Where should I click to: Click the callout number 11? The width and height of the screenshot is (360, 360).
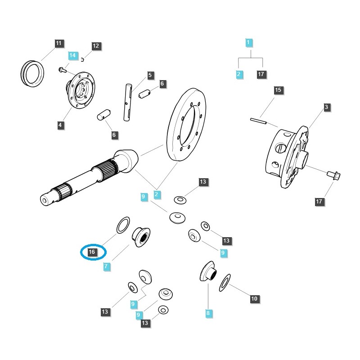pyautogui.click(x=58, y=44)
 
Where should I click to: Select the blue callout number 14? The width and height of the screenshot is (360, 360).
pyautogui.click(x=73, y=55)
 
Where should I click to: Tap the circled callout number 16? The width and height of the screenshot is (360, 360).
pyautogui.click(x=92, y=252)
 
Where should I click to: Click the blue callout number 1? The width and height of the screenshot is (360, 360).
pyautogui.click(x=248, y=43)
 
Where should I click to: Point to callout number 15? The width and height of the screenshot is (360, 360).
pyautogui.click(x=278, y=90)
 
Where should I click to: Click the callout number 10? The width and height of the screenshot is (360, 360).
pyautogui.click(x=254, y=298)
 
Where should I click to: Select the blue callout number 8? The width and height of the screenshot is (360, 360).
pyautogui.click(x=208, y=312)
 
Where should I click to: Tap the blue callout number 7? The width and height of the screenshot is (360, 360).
pyautogui.click(x=106, y=266)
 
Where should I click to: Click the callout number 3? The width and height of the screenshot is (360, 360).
pyautogui.click(x=326, y=107)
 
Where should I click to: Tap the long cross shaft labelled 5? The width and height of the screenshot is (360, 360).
pyautogui.click(x=127, y=101)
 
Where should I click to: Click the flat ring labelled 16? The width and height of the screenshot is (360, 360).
pyautogui.click(x=123, y=225)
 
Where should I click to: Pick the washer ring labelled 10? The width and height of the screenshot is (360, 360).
pyautogui.click(x=225, y=282)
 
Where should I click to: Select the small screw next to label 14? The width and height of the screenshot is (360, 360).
pyautogui.click(x=61, y=69)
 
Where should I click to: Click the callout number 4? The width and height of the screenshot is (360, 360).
pyautogui.click(x=61, y=126)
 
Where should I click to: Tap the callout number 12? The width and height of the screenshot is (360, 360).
pyautogui.click(x=96, y=46)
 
